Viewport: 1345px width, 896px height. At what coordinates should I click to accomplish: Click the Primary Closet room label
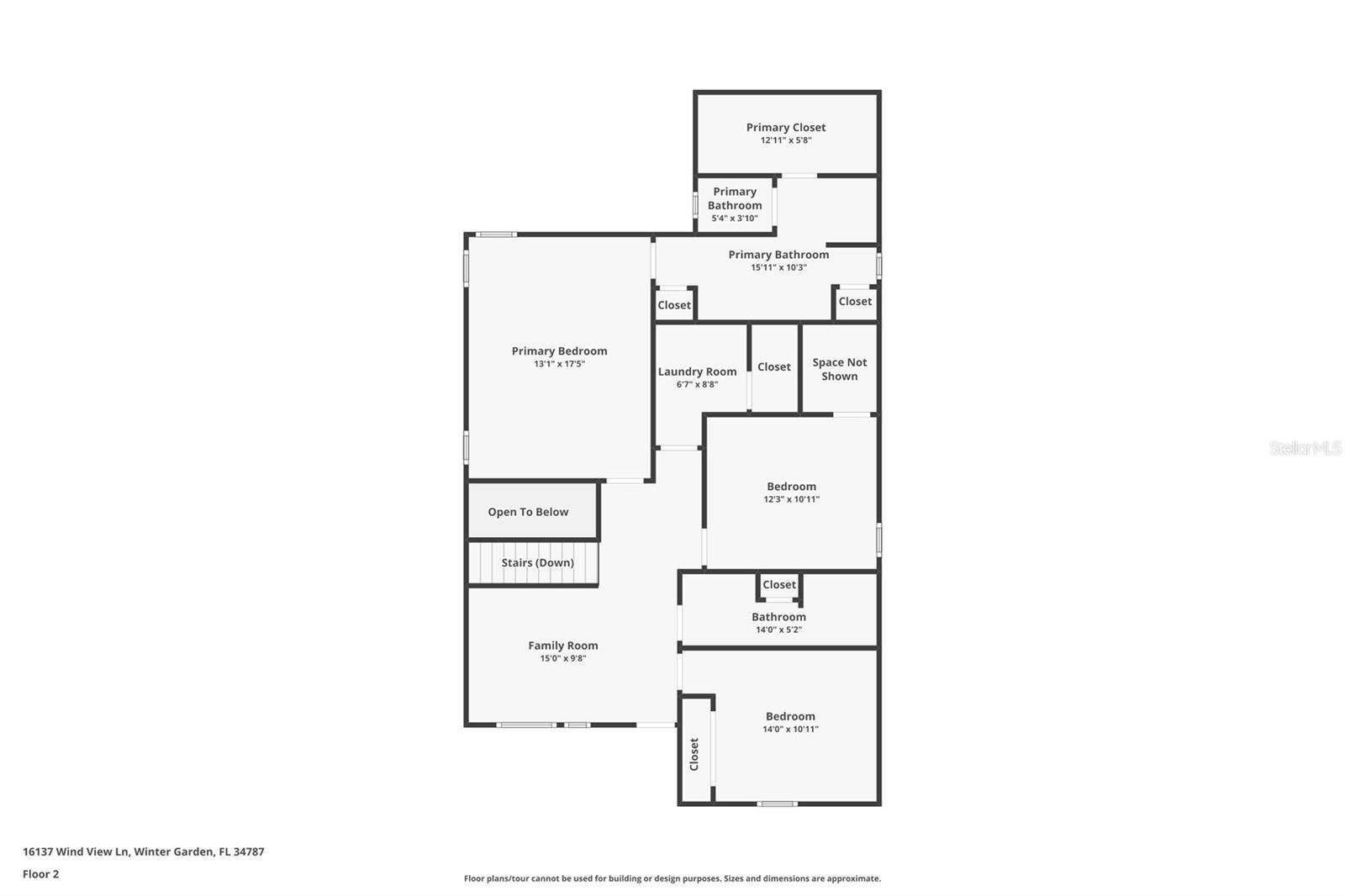[785, 127]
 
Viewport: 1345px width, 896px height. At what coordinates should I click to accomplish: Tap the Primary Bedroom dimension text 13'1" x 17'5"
[559, 364]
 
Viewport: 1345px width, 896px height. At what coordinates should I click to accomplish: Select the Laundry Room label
[697, 372]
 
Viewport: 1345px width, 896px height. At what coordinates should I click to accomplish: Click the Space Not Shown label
[840, 369]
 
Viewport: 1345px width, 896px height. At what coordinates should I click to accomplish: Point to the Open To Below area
[528, 512]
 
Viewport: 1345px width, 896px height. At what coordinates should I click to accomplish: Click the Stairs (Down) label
[537, 562]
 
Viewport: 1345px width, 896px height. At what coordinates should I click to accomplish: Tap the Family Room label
[562, 646]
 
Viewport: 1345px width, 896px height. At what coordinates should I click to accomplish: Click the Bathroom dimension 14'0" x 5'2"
[778, 630]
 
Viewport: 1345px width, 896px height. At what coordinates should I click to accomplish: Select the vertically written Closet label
[694, 754]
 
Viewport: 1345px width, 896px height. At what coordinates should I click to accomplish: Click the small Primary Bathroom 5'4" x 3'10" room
[735, 204]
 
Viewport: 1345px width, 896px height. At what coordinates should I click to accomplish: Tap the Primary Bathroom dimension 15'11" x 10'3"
[778, 268]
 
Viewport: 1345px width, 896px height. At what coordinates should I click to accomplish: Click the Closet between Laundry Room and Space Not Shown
[774, 367]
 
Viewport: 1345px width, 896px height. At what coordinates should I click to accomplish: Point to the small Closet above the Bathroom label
[778, 584]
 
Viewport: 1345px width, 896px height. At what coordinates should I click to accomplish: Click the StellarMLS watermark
[1305, 448]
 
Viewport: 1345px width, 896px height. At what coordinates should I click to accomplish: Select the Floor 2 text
[41, 874]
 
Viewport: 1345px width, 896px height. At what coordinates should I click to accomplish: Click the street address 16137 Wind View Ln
[76, 851]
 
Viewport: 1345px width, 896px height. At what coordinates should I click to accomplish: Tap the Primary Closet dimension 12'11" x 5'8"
[785, 140]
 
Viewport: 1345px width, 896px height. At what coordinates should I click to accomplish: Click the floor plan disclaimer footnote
[672, 878]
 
